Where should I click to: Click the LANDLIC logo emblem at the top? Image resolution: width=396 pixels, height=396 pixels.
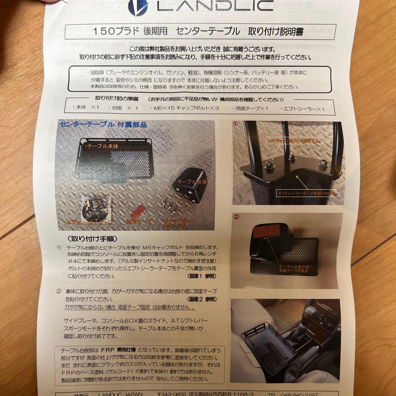tap(137, 6)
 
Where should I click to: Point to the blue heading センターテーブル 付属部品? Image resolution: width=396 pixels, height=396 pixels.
tap(103, 125)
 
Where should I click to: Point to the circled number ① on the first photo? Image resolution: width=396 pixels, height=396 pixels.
tap(235, 124)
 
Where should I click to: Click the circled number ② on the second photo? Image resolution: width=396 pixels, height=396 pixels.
tap(236, 217)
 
